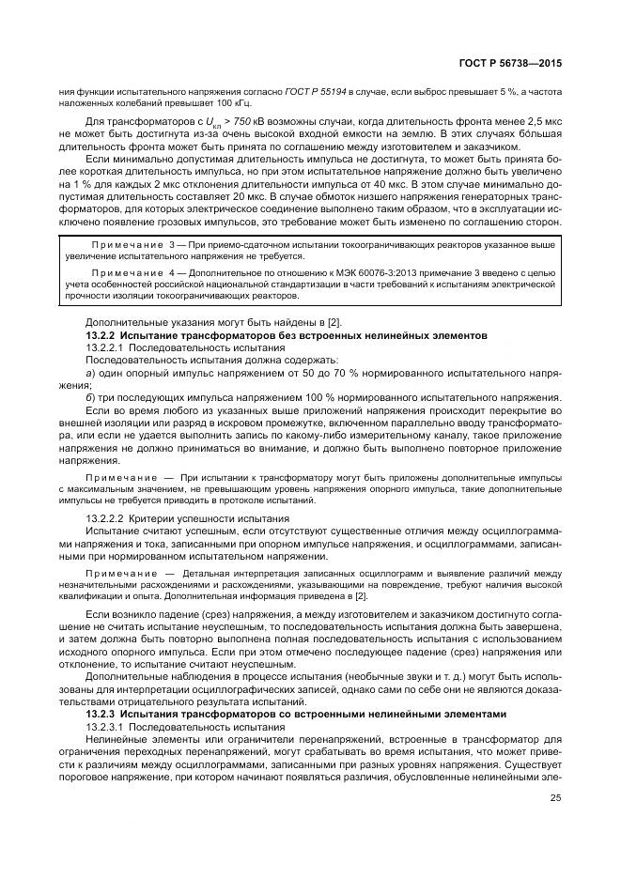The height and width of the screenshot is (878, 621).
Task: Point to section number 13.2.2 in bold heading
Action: (103, 335)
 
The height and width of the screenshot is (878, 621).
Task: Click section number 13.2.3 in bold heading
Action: (103, 714)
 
